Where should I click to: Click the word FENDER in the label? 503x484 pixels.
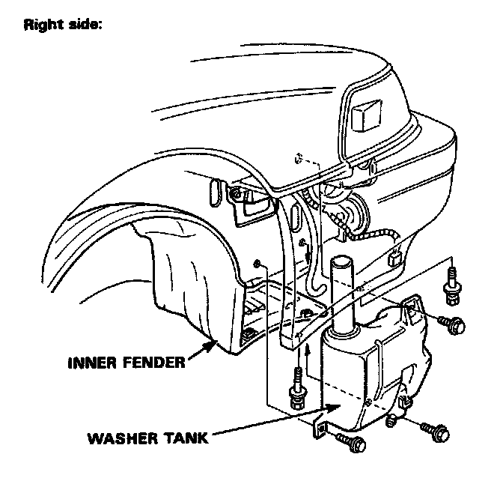tap(152, 363)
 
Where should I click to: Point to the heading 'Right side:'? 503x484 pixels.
tap(63, 23)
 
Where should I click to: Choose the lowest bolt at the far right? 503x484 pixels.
tap(435, 431)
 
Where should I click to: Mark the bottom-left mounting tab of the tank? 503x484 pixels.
tap(319, 432)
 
